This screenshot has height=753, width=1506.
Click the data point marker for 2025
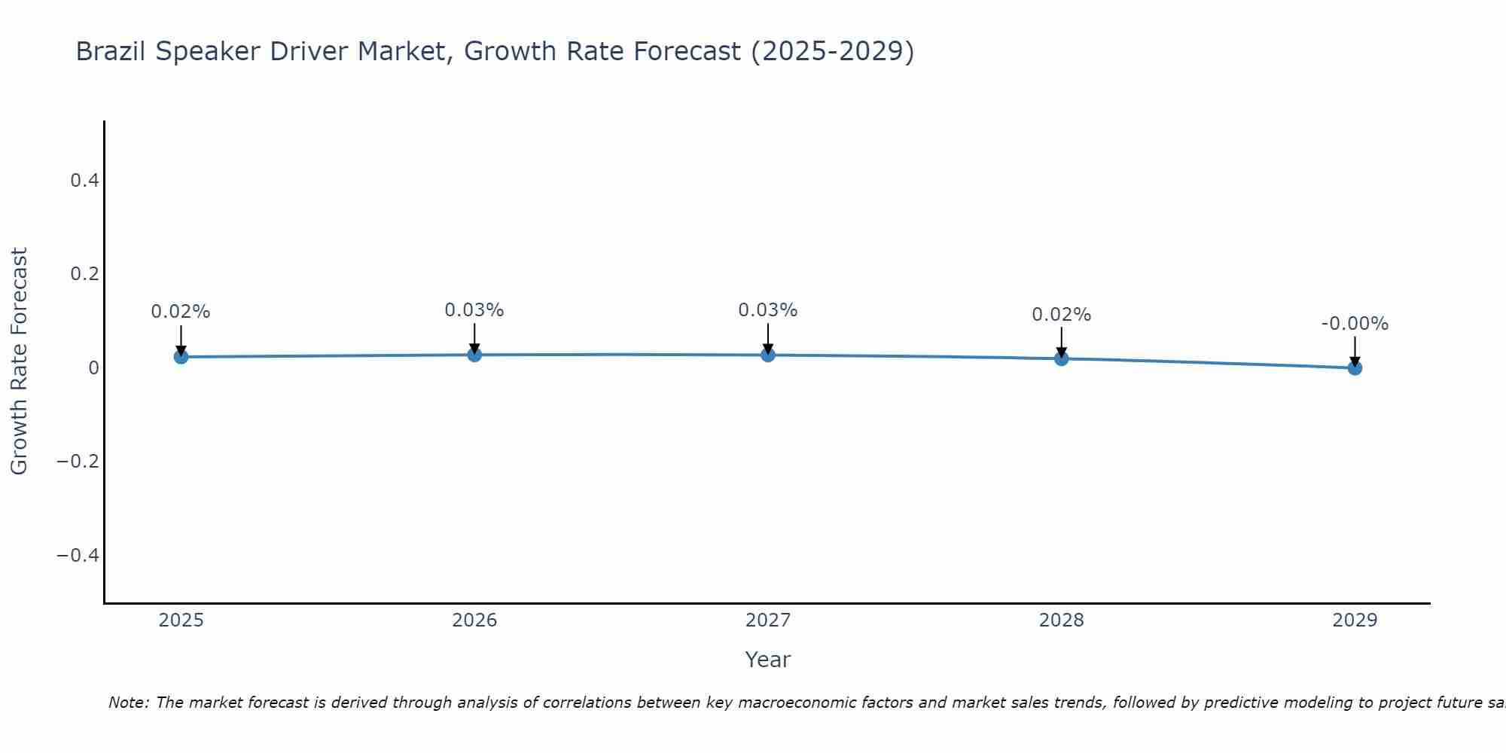pos(181,356)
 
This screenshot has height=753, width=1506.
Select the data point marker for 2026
pos(474,354)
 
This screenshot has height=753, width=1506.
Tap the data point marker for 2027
pos(768,355)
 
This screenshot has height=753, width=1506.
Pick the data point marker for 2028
pos(1061,358)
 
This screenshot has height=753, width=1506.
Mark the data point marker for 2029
pos(1355,367)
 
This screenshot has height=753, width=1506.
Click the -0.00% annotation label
pos(1355,324)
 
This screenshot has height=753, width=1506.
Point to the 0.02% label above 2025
pos(181,312)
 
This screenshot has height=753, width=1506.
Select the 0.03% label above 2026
pos(474,310)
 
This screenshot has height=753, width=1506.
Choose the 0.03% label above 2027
pos(768,310)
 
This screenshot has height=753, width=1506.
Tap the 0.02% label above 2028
pos(1061,315)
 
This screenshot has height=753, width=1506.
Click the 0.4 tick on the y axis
pos(84,180)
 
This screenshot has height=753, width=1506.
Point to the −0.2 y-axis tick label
pos(78,461)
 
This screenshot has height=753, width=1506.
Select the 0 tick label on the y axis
pos(93,367)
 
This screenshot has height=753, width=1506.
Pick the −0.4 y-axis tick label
pos(78,555)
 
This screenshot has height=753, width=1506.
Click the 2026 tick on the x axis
pos(474,620)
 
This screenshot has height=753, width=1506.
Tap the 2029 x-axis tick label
pos(1355,620)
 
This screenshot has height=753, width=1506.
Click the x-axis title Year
pos(767,660)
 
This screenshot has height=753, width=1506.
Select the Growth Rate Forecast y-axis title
pos(19,361)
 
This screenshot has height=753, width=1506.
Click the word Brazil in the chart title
pos(111,51)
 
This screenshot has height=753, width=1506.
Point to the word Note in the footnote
pos(128,703)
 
